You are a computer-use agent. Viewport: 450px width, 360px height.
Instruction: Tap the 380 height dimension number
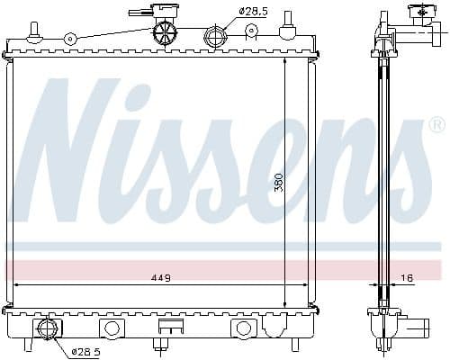click(x=279, y=182)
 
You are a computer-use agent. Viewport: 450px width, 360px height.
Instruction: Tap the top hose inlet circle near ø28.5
click(x=215, y=37)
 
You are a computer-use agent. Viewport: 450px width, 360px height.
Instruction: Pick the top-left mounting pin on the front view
click(x=35, y=31)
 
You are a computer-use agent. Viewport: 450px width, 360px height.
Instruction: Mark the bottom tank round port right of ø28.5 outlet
click(x=111, y=328)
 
